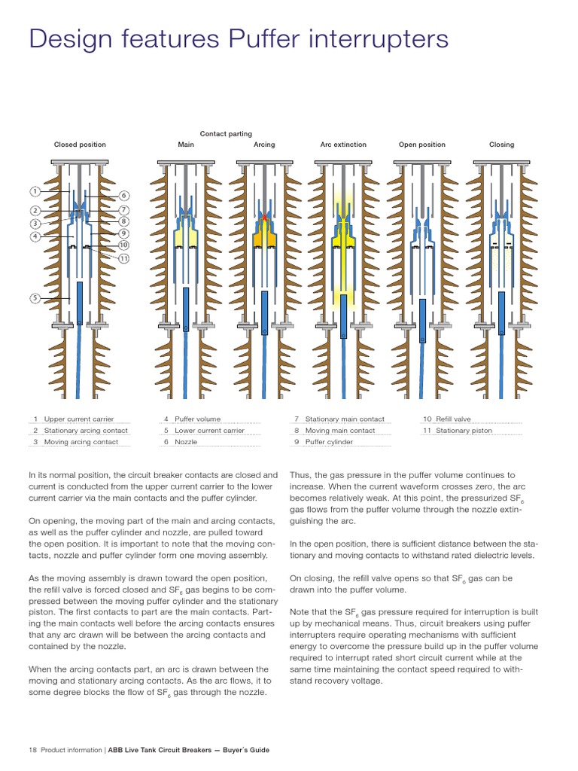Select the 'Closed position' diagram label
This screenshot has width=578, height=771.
coord(80,145)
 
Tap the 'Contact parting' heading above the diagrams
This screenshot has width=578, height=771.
coord(226,134)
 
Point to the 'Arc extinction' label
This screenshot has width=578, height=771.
coord(343,145)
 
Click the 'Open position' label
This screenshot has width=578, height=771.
coord(421,145)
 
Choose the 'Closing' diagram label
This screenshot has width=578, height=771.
coord(501,145)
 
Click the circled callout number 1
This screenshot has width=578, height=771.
coord(35,191)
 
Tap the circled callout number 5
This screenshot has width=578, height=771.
coord(35,299)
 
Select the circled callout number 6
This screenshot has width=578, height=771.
coord(124,196)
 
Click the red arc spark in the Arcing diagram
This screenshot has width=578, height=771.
coord(264,217)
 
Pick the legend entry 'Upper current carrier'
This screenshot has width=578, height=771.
coord(78,419)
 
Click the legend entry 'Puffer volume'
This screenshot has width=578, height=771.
coord(197,419)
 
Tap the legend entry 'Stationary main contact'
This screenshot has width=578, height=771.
coord(345,419)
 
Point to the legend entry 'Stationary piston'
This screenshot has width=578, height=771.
coord(461,431)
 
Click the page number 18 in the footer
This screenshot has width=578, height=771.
coord(32,750)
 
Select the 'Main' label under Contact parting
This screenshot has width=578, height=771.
coord(186,145)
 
